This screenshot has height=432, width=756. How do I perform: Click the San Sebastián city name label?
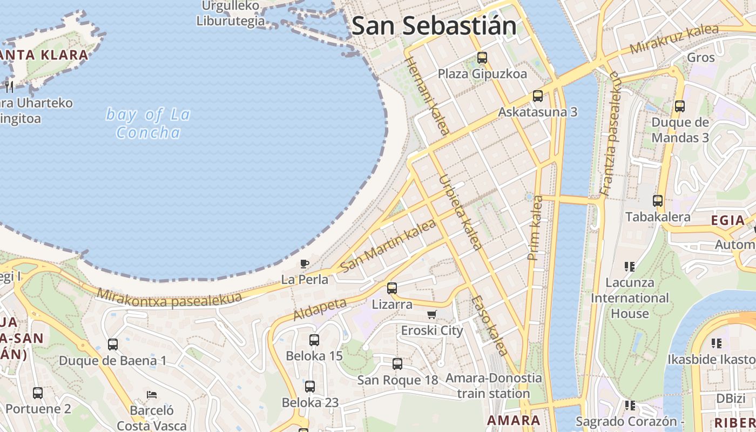click(434, 25)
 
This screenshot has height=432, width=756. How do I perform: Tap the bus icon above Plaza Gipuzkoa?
click(482, 57)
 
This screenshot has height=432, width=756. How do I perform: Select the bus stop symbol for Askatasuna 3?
click(538, 96)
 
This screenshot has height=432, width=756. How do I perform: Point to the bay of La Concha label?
click(148, 124)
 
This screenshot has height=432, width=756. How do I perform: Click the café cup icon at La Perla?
click(305, 264)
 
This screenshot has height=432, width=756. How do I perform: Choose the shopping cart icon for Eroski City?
click(431, 314)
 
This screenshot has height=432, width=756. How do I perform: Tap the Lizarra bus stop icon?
click(392, 288)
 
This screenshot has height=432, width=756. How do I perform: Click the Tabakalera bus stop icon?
click(658, 201)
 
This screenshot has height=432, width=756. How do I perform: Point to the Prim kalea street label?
click(536, 227)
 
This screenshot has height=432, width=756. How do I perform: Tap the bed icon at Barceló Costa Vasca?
click(152, 395)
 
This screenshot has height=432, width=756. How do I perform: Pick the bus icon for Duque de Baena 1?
click(113, 345)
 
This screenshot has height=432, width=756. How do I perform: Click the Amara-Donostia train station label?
click(494, 386)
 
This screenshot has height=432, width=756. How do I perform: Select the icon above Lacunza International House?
click(629, 266)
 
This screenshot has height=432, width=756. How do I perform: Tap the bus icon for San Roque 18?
click(397, 364)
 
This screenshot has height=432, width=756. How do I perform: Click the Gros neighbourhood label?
click(700, 57)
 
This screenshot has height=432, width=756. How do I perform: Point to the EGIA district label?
click(727, 220)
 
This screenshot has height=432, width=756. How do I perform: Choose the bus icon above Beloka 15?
click(314, 340)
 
